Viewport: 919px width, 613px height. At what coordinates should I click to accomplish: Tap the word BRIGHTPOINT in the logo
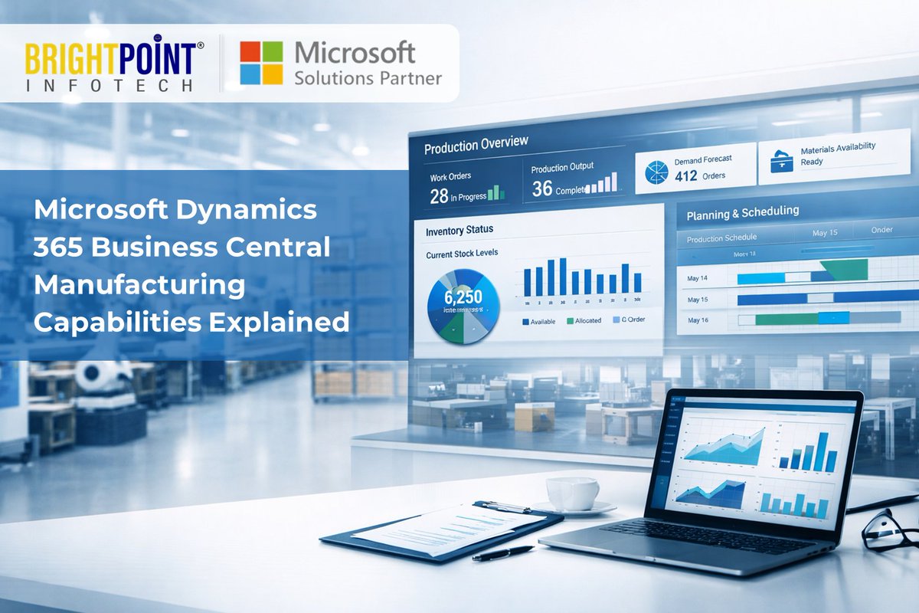tap(109, 57)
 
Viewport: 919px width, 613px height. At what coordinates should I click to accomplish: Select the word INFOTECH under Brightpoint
tap(109, 85)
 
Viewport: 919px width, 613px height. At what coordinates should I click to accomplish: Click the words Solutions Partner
tap(368, 78)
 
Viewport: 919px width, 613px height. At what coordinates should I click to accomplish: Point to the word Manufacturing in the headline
tap(139, 285)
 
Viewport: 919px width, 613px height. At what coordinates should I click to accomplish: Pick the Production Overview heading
tap(476, 144)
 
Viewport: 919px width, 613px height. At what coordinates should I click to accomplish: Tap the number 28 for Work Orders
tap(439, 196)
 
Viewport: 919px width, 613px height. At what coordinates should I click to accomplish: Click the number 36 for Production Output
tap(542, 188)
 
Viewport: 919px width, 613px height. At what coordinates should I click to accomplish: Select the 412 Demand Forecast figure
tap(686, 175)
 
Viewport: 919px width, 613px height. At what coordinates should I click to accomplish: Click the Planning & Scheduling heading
tap(742, 211)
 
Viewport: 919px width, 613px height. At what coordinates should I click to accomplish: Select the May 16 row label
tap(698, 320)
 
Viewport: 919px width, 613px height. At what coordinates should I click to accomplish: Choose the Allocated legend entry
tap(583, 321)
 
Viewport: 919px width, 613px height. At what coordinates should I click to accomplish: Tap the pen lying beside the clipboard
tap(502, 553)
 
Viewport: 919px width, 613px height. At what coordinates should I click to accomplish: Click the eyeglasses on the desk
tap(888, 529)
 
